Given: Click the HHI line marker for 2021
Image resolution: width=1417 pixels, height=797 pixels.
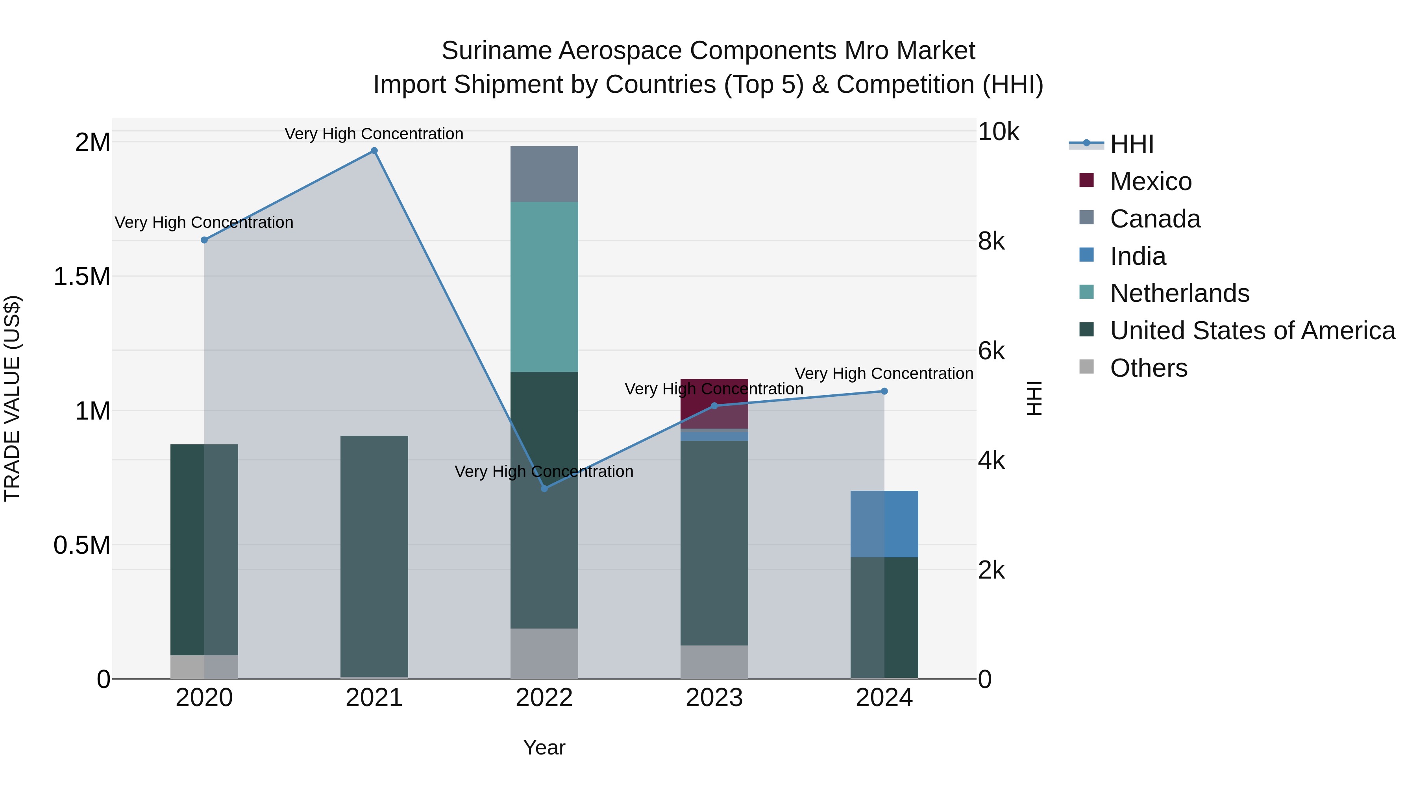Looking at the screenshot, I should click(374, 151).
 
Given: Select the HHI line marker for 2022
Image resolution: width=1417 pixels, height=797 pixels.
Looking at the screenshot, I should click(544, 488).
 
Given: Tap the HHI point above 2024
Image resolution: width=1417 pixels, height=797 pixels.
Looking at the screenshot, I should click(884, 391).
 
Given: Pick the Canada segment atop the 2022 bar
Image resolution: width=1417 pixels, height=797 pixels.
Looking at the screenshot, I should click(544, 174).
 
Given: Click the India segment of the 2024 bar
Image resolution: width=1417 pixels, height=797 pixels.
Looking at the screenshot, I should click(884, 523).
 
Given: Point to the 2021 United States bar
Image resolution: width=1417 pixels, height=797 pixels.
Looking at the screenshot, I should click(374, 555).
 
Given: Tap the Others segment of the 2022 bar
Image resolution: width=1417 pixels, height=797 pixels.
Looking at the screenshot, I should click(544, 653).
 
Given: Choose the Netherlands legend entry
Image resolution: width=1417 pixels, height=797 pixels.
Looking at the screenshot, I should click(1179, 293).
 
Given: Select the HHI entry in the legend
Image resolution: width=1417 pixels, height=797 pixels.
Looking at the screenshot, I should click(1132, 144).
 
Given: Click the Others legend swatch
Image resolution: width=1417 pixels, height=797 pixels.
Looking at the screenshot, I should click(1086, 366).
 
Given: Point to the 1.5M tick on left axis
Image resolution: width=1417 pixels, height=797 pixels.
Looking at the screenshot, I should click(82, 277).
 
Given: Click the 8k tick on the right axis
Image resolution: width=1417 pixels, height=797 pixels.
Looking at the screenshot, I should click(991, 241).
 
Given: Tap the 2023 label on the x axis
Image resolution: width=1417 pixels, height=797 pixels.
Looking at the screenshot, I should click(714, 698).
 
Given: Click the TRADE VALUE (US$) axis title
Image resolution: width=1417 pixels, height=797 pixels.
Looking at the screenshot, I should click(12, 398).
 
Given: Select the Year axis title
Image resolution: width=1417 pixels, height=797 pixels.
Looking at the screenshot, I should click(544, 747).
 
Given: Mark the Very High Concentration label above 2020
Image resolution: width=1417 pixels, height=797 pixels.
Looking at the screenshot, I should click(203, 222).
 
